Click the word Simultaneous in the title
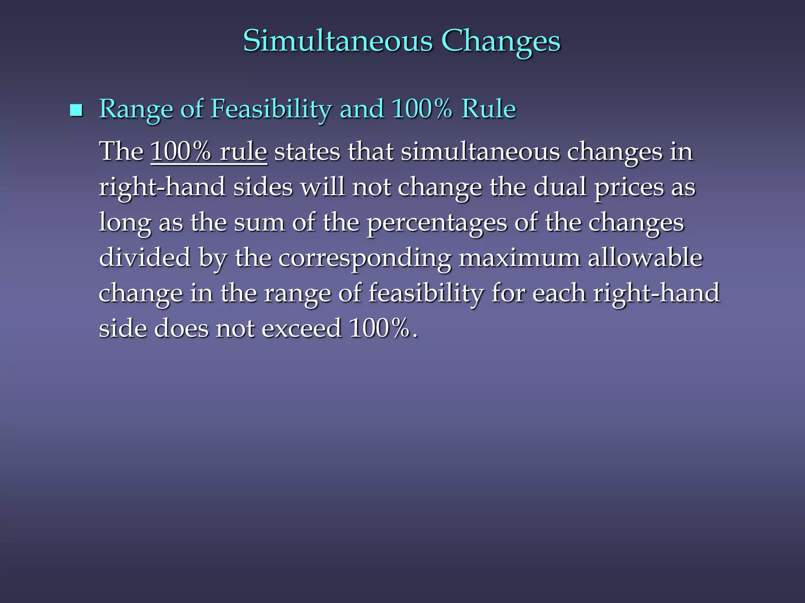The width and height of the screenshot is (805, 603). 338,40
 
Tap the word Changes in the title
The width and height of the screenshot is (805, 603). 501,41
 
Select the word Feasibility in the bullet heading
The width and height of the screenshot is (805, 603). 271,109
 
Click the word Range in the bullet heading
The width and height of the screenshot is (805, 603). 136,109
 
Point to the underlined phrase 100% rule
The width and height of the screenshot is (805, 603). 209,152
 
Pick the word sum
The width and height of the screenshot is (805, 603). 259,222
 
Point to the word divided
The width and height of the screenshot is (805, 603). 145,258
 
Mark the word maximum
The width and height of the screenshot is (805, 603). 519,258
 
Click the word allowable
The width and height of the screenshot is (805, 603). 645,258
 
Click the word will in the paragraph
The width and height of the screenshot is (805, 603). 322,187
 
